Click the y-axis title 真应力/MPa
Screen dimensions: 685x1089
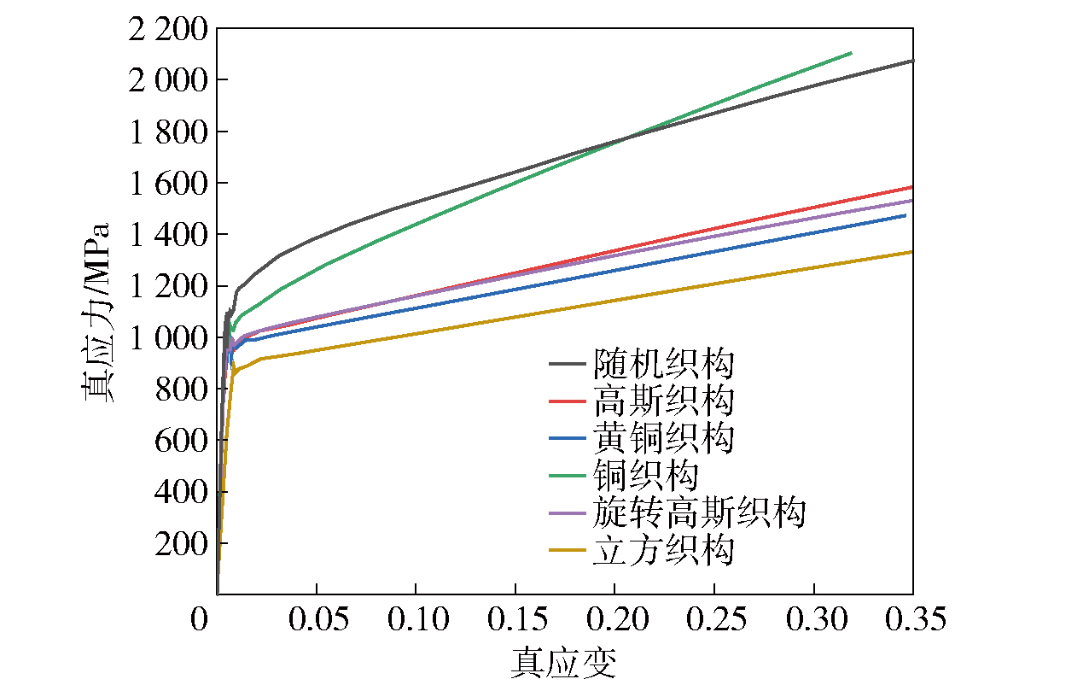tap(96, 312)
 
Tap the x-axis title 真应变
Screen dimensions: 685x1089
tap(563, 663)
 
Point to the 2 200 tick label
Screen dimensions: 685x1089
tap(166, 30)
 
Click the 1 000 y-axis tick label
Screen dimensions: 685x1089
tap(166, 337)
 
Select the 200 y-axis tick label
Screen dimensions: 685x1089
tap(181, 543)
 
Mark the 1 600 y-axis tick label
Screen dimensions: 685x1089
tap(166, 184)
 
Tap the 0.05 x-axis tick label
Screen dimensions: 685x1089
tap(317, 620)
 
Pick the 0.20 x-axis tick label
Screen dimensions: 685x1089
tap(614, 620)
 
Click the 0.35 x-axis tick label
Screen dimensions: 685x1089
tap(912, 620)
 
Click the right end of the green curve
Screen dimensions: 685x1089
tap(851, 53)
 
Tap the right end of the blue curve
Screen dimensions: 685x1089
tap(905, 215)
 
